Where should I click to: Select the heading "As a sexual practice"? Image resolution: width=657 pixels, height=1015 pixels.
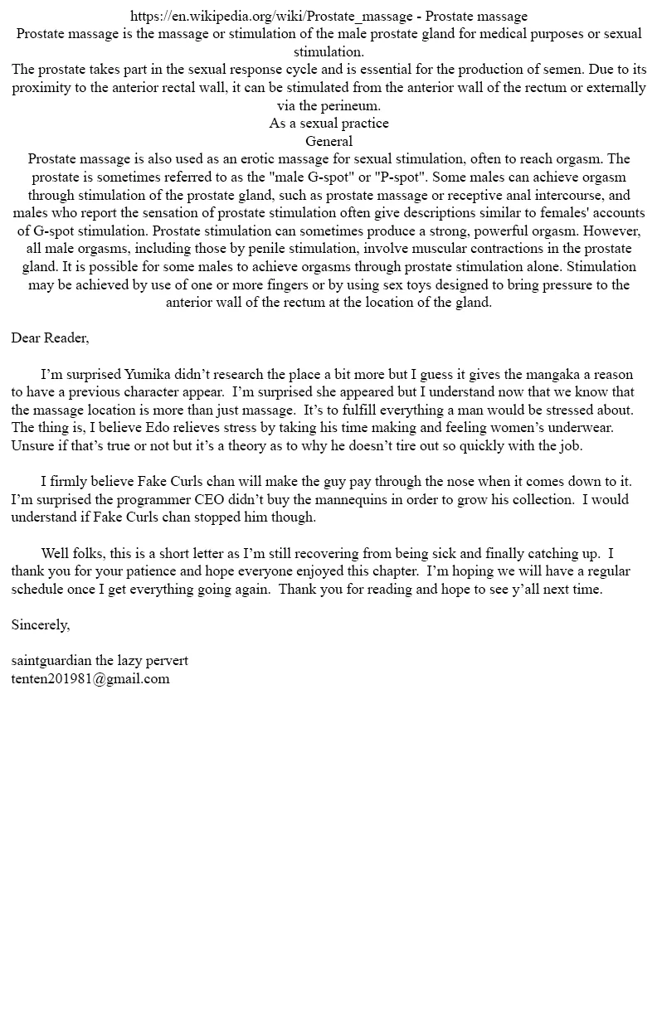[328, 124]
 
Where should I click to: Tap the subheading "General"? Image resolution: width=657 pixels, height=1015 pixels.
[328, 141]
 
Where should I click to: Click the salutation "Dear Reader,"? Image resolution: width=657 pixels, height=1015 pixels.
[50, 338]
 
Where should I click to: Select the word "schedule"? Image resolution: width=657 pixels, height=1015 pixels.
[40, 590]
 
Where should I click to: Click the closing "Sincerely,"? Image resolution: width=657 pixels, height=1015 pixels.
[41, 625]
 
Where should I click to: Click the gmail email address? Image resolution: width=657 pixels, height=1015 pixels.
[90, 679]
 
